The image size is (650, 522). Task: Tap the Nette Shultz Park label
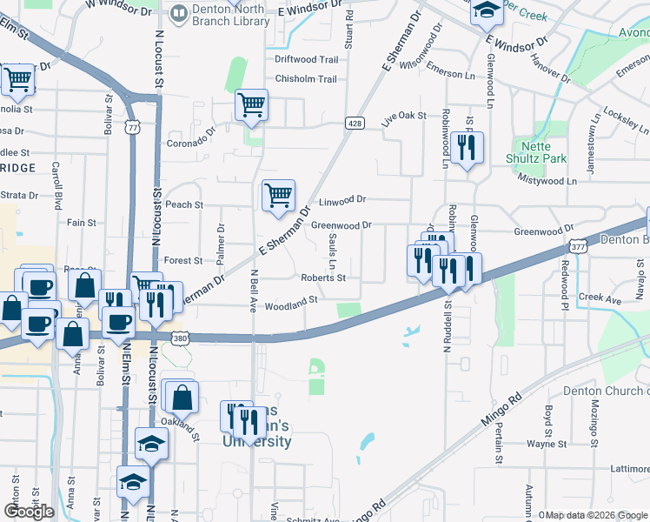pos(536,152)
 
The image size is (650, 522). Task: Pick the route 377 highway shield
pos(579,246)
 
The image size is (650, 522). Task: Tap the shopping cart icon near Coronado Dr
pos(251,106)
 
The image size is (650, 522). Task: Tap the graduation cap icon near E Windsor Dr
pos(488,10)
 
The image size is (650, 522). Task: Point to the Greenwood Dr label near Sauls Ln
pos(342,224)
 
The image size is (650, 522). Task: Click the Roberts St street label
pos(323,278)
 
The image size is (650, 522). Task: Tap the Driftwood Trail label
pos(306,60)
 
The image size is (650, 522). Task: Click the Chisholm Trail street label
pos(306,79)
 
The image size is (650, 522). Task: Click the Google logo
pos(29,512)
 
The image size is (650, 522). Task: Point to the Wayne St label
pos(547,444)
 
